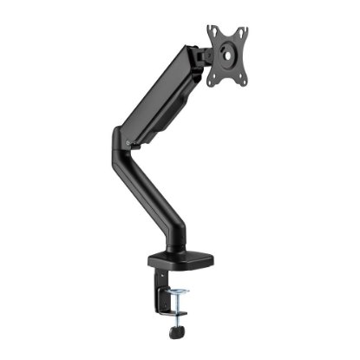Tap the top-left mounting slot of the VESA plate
click(213, 32)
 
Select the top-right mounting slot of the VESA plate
click(243, 32)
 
